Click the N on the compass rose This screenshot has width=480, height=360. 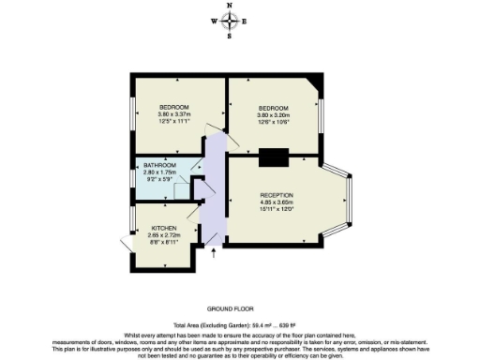click(231, 6)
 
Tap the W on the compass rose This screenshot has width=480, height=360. click(215, 22)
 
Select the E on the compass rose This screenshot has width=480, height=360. click(246, 22)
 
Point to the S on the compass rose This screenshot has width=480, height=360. click(231, 37)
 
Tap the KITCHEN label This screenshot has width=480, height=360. click(151, 229)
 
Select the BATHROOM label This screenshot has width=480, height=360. click(159, 166)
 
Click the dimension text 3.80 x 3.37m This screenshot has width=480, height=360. click(174, 114)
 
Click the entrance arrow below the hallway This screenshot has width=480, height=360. click(215, 250)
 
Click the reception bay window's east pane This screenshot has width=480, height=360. click(354, 202)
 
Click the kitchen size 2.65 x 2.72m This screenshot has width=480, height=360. click(151, 236)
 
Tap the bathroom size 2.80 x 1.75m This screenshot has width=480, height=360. click(159, 173)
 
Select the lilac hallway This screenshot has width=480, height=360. click(215, 187)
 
